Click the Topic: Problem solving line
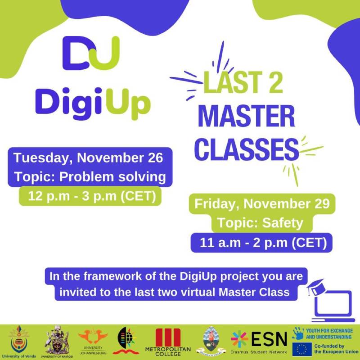click(x=90, y=177)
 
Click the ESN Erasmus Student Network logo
click(x=258, y=341)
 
